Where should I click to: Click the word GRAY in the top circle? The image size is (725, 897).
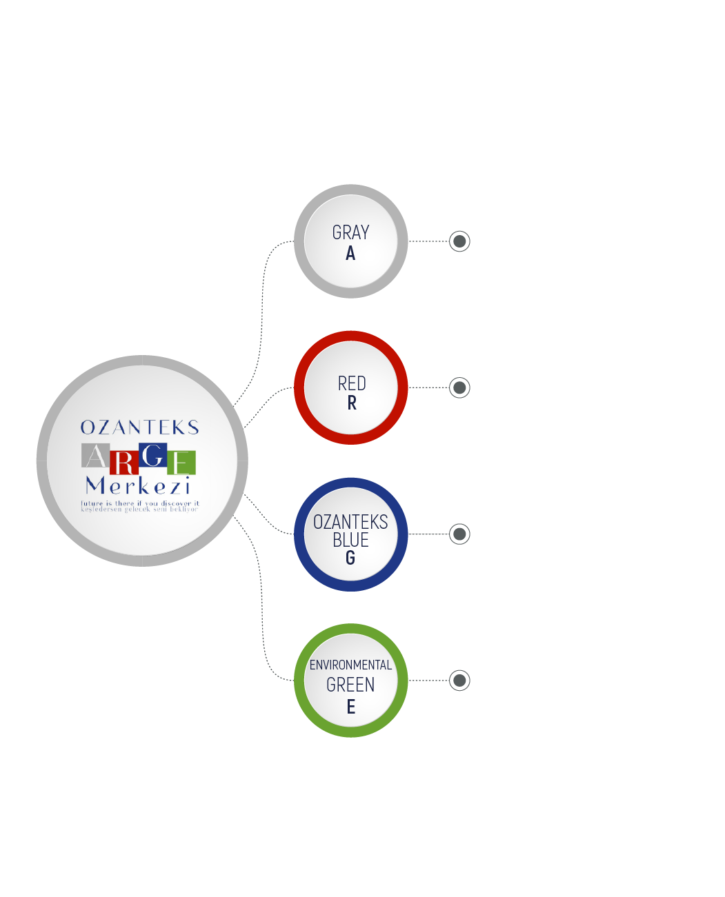click(x=350, y=232)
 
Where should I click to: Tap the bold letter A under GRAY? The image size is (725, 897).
click(x=350, y=254)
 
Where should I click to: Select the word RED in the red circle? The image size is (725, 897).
click(x=352, y=383)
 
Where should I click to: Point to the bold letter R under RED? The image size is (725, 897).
click(x=352, y=403)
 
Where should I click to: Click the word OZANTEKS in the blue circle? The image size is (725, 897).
click(x=350, y=522)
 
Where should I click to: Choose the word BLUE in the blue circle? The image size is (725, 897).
click(x=350, y=540)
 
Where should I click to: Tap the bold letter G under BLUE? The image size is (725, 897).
click(x=350, y=558)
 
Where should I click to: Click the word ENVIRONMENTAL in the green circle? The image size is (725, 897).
click(x=350, y=665)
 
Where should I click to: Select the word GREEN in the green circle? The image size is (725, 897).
click(x=350, y=685)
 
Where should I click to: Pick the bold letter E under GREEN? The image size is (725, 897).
click(x=350, y=707)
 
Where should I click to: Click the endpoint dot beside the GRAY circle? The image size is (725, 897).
click(x=459, y=241)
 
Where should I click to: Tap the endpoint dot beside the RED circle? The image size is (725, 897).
click(x=459, y=387)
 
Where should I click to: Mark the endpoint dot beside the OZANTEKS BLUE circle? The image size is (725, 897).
click(x=459, y=534)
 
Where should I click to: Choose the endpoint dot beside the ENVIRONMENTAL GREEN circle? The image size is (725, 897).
click(x=459, y=681)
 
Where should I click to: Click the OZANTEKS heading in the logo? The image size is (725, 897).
click(x=139, y=427)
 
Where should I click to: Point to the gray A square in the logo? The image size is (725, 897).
click(x=95, y=455)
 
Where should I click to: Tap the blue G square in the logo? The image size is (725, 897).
click(x=153, y=455)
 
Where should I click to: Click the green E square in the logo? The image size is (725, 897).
click(x=181, y=463)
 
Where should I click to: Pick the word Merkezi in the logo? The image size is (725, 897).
click(x=138, y=486)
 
